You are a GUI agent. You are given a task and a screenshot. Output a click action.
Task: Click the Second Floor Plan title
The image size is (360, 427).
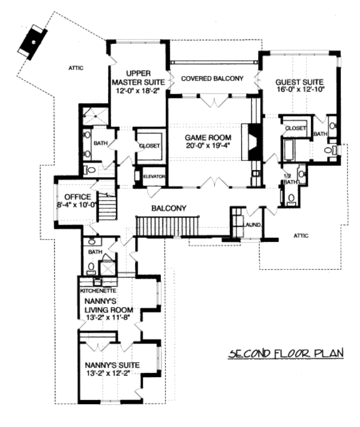click(284, 353)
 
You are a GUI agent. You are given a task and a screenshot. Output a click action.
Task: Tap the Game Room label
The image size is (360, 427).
click(207, 138)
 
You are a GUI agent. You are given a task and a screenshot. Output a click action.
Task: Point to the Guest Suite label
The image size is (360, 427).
click(299, 82)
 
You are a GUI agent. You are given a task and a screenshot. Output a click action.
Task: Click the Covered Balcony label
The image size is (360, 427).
click(212, 79)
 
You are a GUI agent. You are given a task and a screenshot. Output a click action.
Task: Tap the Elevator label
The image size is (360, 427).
click(154, 177)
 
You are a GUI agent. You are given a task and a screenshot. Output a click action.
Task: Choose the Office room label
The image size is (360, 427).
click(73, 197)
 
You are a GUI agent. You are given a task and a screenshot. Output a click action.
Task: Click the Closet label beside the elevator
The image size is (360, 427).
click(149, 146)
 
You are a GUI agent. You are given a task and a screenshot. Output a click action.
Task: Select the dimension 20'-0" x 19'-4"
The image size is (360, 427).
click(207, 147)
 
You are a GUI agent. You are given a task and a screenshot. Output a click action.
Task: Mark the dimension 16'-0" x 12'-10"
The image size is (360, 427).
click(299, 91)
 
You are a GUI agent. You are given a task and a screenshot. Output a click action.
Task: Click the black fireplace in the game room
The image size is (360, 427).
click(250, 142)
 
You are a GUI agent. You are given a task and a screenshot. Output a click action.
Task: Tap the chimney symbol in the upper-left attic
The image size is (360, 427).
click(32, 40)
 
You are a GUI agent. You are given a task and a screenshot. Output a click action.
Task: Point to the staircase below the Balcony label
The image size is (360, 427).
click(159, 227)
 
